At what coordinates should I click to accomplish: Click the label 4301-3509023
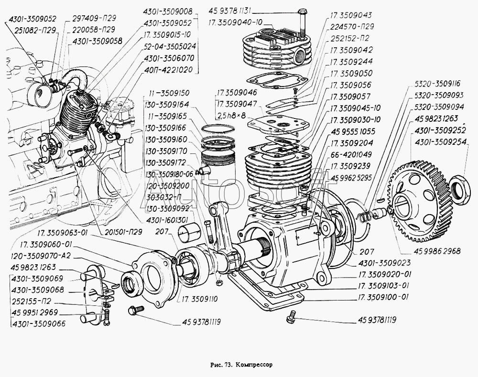(x=380, y=263)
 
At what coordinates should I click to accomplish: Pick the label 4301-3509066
(x=40, y=324)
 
